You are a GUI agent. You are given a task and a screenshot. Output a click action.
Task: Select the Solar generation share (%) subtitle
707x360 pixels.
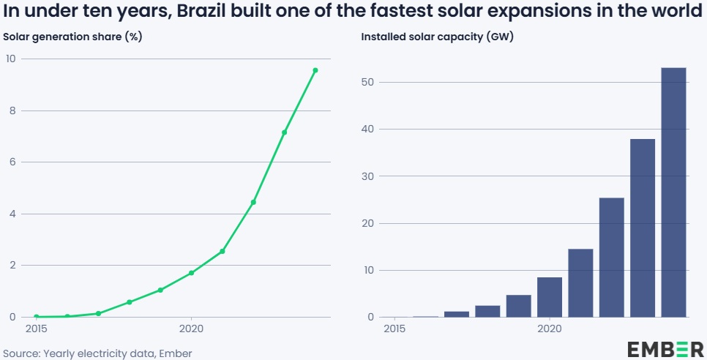point(72,37)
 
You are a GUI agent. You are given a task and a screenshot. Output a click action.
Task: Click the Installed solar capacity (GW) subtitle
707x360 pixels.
point(437,37)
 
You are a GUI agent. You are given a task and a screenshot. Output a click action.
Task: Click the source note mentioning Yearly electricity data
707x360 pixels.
point(97,353)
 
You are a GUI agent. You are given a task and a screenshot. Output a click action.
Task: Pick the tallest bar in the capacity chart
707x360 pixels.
point(673,192)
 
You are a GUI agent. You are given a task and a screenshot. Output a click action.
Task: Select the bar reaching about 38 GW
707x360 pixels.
point(643,228)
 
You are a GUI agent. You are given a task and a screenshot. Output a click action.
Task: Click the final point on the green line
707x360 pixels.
point(315,70)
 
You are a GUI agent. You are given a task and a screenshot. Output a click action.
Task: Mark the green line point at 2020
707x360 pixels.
point(191,273)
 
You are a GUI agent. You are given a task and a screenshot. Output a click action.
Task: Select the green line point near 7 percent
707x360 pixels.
point(284,132)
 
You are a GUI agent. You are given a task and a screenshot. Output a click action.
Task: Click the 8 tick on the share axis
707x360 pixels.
point(12,111)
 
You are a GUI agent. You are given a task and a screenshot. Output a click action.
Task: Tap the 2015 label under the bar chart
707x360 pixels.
point(394,329)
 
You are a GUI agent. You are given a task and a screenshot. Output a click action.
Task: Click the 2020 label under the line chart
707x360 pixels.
point(191,329)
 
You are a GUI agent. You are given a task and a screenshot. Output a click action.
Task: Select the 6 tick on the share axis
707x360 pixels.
point(12,162)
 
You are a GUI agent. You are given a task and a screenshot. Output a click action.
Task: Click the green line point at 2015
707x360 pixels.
point(37,317)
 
